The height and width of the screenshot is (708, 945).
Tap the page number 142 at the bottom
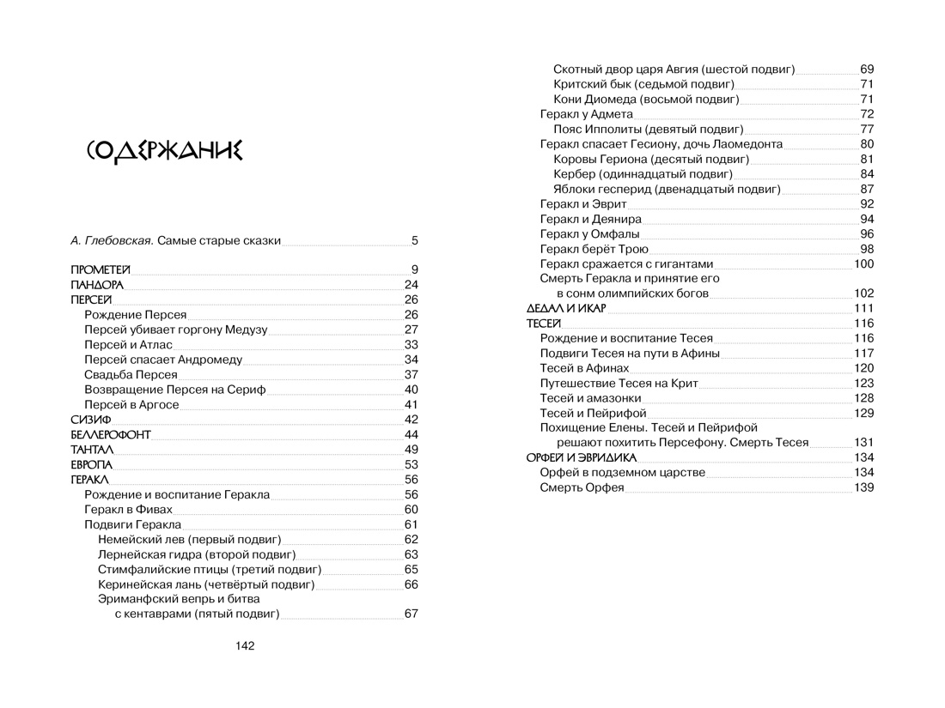coord(244,646)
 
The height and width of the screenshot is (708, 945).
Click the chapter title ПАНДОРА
coord(97,285)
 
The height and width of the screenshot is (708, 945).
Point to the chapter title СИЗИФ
coord(91,420)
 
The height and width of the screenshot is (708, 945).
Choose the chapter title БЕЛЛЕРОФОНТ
coord(111,435)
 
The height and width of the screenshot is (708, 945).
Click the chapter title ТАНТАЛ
coord(91,450)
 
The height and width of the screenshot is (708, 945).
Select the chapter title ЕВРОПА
coord(92,465)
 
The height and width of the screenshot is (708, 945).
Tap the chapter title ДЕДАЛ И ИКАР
coord(566,308)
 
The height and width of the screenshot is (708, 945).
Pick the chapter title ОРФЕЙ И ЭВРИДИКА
coord(582,457)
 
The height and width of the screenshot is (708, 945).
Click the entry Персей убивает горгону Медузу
coord(176,330)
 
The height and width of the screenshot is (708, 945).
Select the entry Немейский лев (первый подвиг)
coord(190,540)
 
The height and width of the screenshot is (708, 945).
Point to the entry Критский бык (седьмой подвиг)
coord(644,84)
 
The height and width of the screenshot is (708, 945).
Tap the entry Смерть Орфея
coord(582,487)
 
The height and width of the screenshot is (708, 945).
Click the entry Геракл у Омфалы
coord(590,233)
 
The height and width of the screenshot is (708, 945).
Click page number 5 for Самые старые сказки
coord(414,241)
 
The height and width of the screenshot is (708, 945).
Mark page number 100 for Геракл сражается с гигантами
coord(863,263)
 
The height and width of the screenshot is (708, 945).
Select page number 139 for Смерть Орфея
coord(863,487)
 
